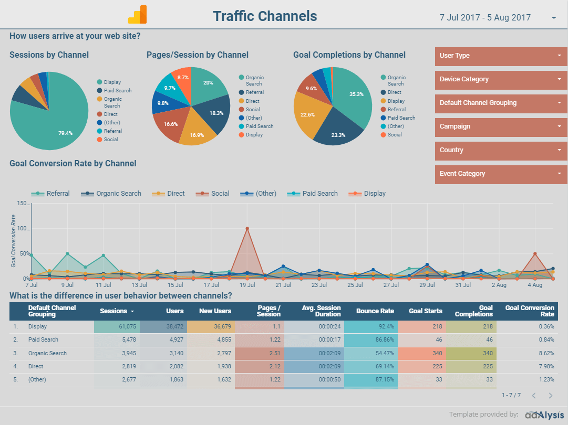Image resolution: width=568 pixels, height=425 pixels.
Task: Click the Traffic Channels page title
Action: tap(265, 16)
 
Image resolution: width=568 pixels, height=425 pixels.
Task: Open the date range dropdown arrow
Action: tap(554, 18)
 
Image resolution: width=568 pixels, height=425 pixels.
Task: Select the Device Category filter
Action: tap(501, 79)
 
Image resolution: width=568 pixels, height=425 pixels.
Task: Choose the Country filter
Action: tap(501, 150)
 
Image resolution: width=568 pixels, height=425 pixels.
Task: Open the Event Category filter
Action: tap(501, 174)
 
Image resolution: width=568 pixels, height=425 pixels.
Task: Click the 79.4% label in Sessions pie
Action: tap(66, 133)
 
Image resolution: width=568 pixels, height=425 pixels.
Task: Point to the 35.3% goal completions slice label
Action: tap(356, 94)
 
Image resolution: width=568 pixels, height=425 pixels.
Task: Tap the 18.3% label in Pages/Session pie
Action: tap(216, 113)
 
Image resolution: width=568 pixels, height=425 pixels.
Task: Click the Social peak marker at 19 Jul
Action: tap(247, 229)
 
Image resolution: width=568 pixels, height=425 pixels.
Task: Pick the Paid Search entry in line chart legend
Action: tap(319, 194)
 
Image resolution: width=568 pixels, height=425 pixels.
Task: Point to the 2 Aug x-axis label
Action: tap(499, 285)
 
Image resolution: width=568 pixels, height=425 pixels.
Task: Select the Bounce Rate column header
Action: tap(375, 311)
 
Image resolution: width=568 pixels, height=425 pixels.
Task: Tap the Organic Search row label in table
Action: tap(47, 353)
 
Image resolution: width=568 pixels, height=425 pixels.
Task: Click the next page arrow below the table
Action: tap(551, 396)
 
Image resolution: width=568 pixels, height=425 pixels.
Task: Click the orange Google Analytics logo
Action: tap(137, 15)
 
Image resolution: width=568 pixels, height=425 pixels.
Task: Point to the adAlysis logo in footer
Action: tap(544, 415)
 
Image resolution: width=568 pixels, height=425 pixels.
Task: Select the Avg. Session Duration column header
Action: tap(321, 311)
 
